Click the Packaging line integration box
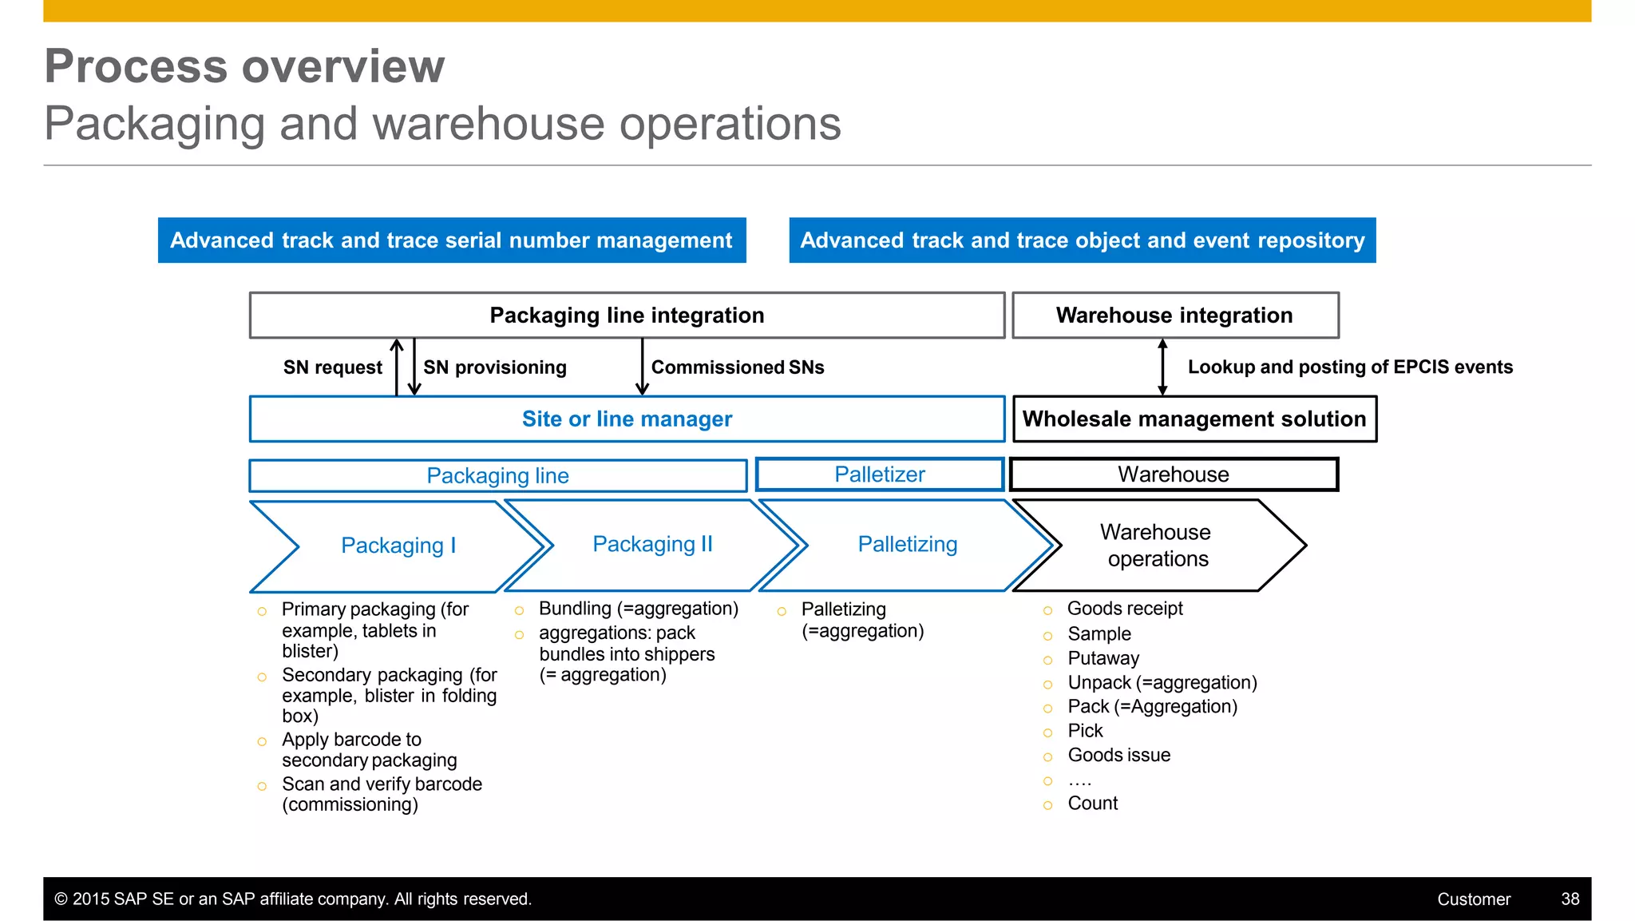[x=627, y=316]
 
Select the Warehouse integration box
[x=1174, y=316]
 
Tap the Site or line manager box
[x=627, y=419]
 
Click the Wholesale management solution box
[x=1194, y=419]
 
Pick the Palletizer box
[x=879, y=474]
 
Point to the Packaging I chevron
[x=398, y=546]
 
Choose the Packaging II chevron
[x=652, y=545]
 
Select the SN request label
[x=333, y=367]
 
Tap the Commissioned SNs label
[x=738, y=367]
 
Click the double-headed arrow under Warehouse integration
[x=1162, y=367]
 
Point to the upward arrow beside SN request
[x=397, y=367]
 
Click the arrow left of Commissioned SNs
[x=642, y=367]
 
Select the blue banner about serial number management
[x=452, y=240]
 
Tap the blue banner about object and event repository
[x=1082, y=240]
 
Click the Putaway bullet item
[x=1103, y=658]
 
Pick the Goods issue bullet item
[x=1118, y=755]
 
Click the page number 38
[x=1570, y=899]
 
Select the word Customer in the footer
[x=1474, y=899]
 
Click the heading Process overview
[x=244, y=66]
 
